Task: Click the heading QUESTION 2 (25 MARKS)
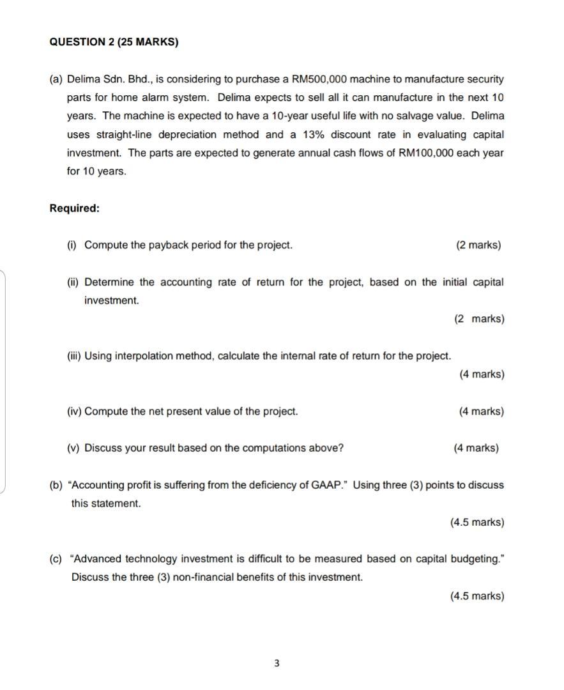[114, 42]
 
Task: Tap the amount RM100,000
[427, 153]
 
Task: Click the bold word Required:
[75, 208]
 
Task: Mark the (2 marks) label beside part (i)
[478, 245]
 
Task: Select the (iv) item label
[74, 411]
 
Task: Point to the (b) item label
[56, 485]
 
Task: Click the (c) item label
[56, 559]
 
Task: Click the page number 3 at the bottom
[276, 663]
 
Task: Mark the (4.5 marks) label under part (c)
[476, 596]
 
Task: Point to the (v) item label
[73, 448]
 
